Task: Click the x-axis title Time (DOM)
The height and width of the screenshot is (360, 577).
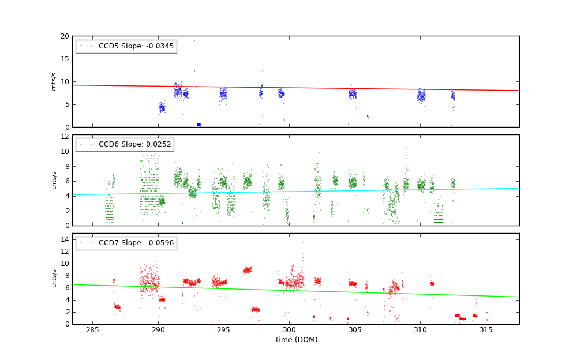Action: [295, 340]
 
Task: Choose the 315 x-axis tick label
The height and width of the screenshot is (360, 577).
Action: [486, 330]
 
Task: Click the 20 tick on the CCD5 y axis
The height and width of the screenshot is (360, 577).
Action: [65, 36]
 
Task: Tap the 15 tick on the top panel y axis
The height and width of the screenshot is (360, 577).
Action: [65, 59]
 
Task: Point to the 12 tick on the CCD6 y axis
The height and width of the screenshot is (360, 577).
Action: [65, 137]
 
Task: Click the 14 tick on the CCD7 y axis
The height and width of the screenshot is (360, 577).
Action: [65, 239]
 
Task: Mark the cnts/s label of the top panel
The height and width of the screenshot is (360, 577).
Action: [54, 81]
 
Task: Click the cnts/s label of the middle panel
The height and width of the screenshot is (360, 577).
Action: [54, 180]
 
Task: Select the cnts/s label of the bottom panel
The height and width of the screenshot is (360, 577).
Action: [54, 278]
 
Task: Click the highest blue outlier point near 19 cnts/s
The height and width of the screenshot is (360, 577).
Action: [194, 40]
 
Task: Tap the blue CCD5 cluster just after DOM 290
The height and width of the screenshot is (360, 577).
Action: [162, 107]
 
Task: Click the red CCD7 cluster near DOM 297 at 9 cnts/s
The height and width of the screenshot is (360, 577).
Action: [248, 269]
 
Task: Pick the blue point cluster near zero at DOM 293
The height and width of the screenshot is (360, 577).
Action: [198, 125]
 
